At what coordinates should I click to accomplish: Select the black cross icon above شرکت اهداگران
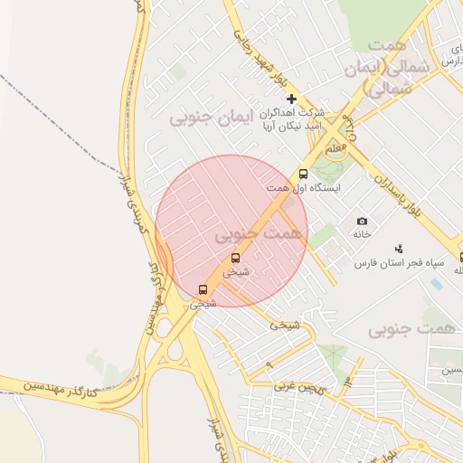pyautogui.click(x=291, y=99)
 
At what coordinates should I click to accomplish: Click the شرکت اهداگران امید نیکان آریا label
pyautogui.click(x=291, y=120)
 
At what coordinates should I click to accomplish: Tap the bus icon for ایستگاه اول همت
pyautogui.click(x=303, y=175)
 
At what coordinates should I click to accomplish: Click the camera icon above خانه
pyautogui.click(x=363, y=222)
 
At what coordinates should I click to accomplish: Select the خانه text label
pyautogui.click(x=363, y=234)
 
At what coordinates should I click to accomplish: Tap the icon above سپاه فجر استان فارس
pyautogui.click(x=399, y=249)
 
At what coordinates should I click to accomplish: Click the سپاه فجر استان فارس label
pyautogui.click(x=399, y=263)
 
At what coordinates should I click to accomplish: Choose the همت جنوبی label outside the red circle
pyautogui.click(x=407, y=329)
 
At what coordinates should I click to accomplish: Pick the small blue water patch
pyautogui.click(x=437, y=283)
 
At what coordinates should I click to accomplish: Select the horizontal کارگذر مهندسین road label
pyautogui.click(x=59, y=390)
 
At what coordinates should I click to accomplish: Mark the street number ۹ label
pyautogui.click(x=345, y=386)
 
